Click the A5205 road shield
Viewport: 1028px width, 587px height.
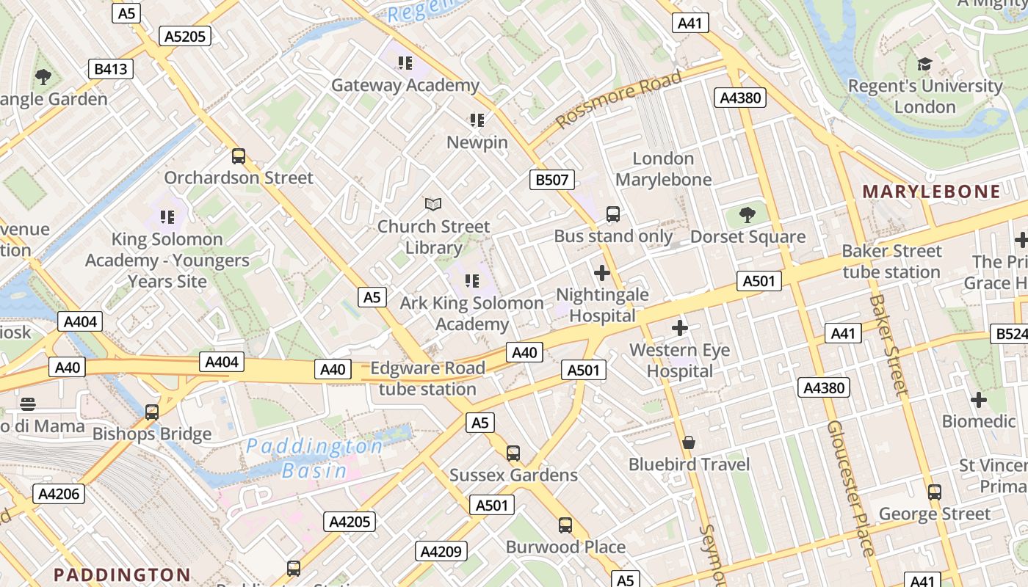pyautogui.click(x=185, y=36)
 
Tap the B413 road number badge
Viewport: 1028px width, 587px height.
pyautogui.click(x=111, y=69)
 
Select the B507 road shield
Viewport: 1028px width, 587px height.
pyautogui.click(x=551, y=179)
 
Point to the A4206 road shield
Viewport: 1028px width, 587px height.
pyautogui.click(x=59, y=493)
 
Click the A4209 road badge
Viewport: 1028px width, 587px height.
pyautogui.click(x=441, y=551)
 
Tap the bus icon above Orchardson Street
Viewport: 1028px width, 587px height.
pyautogui.click(x=238, y=156)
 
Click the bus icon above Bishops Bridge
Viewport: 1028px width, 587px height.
pyautogui.click(x=152, y=412)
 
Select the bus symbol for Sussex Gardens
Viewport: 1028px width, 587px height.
pyautogui.click(x=513, y=453)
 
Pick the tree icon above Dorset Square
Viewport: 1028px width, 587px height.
pyautogui.click(x=748, y=215)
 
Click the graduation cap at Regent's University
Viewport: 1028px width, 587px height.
pyautogui.click(x=924, y=65)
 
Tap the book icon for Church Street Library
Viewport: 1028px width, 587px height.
pyautogui.click(x=434, y=204)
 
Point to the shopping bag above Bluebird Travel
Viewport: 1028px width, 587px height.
pyautogui.click(x=689, y=442)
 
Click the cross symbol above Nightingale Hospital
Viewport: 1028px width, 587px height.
pyautogui.click(x=602, y=273)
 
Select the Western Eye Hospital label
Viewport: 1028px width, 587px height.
pyautogui.click(x=680, y=360)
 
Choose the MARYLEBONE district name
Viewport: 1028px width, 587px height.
pyautogui.click(x=931, y=192)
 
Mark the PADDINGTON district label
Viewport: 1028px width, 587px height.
pyautogui.click(x=122, y=575)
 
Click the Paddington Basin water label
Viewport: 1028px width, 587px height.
pyautogui.click(x=314, y=458)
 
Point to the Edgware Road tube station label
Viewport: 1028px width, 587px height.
pyautogui.click(x=427, y=378)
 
